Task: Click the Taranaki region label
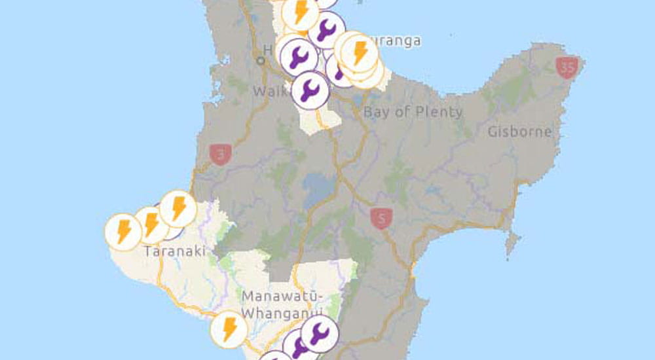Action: (x=175, y=251)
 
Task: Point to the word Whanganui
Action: (x=282, y=313)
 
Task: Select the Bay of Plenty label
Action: (x=413, y=112)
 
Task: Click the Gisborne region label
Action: (x=519, y=132)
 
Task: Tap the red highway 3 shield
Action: (x=219, y=155)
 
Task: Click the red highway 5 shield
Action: (x=380, y=217)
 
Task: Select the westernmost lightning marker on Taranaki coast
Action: (x=123, y=232)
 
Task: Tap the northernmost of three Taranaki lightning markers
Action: (x=178, y=208)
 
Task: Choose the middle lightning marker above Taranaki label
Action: (x=152, y=225)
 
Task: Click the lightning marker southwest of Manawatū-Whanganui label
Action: (x=229, y=329)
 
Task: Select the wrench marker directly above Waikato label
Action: (x=310, y=90)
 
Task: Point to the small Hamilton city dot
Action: (x=261, y=60)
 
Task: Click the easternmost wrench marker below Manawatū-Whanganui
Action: (x=319, y=334)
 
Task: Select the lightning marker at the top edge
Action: (x=301, y=12)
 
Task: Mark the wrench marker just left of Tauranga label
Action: (x=326, y=29)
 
